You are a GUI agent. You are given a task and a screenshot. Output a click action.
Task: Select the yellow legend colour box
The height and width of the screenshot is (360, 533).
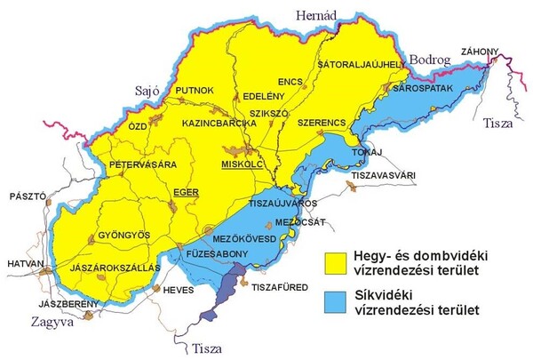click(x=334, y=260)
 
